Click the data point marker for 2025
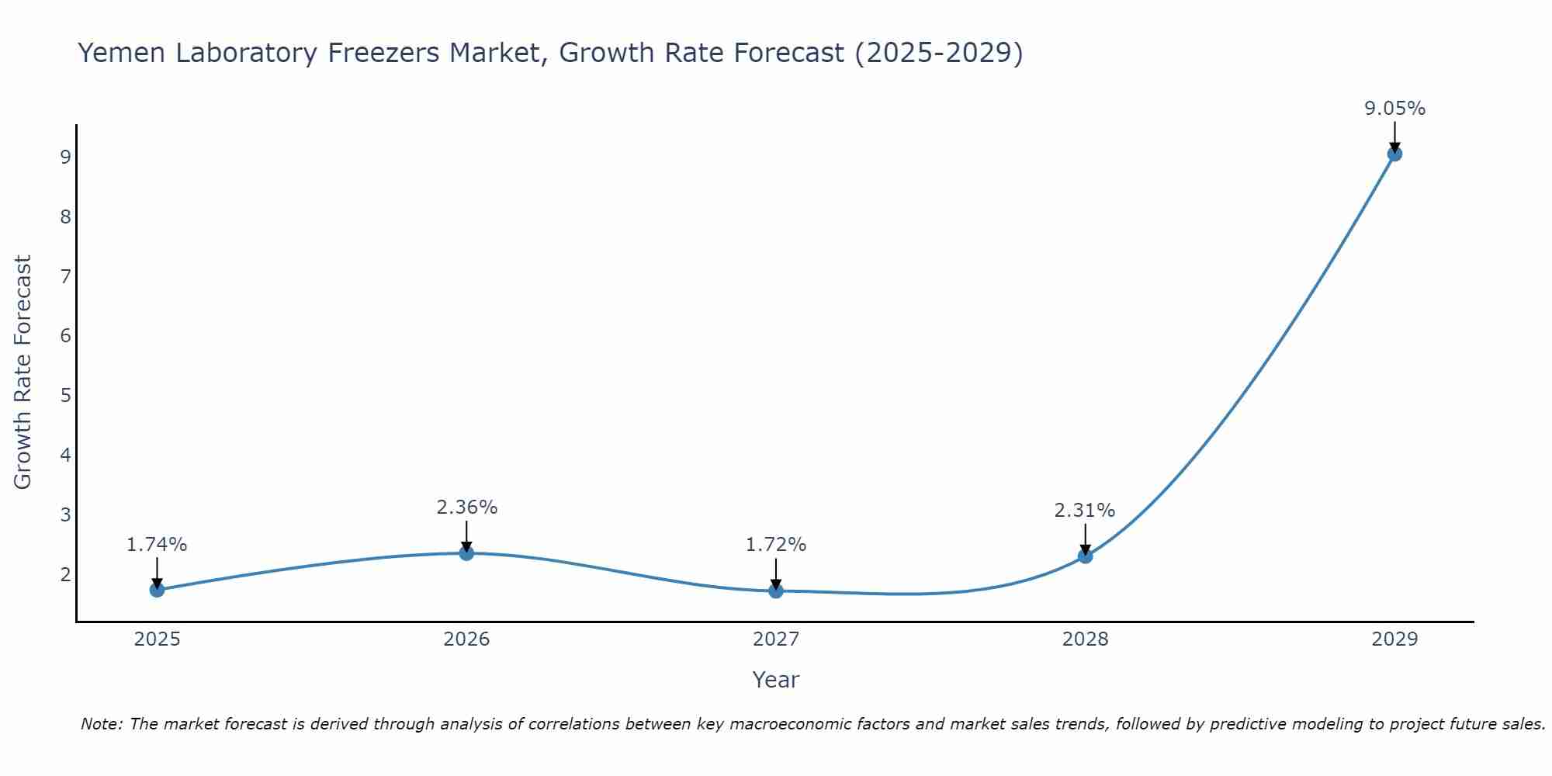click(157, 590)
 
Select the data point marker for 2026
click(466, 553)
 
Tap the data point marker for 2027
click(776, 591)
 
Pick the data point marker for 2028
click(1085, 556)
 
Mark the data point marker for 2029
click(1394, 154)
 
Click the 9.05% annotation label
click(1394, 109)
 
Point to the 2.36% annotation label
click(466, 508)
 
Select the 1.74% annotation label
click(157, 545)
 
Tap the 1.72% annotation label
click(776, 545)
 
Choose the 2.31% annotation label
click(1085, 511)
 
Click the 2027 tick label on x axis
click(776, 639)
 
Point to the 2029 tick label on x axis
click(1394, 639)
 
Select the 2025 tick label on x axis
click(157, 639)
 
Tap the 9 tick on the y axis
click(65, 158)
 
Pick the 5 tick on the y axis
click(65, 396)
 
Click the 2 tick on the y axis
click(65, 574)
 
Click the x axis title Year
click(776, 680)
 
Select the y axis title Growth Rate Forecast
click(23, 372)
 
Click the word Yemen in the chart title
click(121, 53)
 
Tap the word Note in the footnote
click(101, 724)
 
